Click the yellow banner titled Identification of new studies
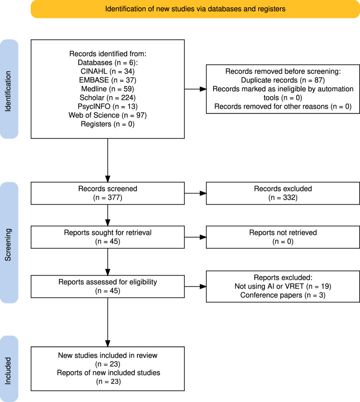click(x=195, y=9)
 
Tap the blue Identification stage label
click(x=9, y=89)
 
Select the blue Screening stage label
click(x=9, y=243)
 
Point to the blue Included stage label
click(x=9, y=369)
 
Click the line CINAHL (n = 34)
click(x=108, y=71)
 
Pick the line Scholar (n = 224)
click(x=108, y=97)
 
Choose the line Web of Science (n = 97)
click(x=108, y=115)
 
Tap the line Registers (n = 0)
click(x=108, y=124)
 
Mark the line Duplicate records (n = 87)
click(x=283, y=80)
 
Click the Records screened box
click(x=108, y=193)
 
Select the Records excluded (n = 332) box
click(x=283, y=193)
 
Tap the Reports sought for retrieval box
click(x=108, y=237)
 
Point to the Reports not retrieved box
click(x=283, y=237)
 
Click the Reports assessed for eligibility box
click(x=108, y=287)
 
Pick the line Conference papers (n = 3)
click(x=283, y=295)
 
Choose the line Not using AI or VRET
click(x=283, y=286)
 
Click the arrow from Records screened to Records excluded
click(x=195, y=193)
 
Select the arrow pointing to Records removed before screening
click(x=195, y=89)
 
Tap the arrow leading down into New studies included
click(x=108, y=322)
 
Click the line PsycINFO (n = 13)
click(x=108, y=107)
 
